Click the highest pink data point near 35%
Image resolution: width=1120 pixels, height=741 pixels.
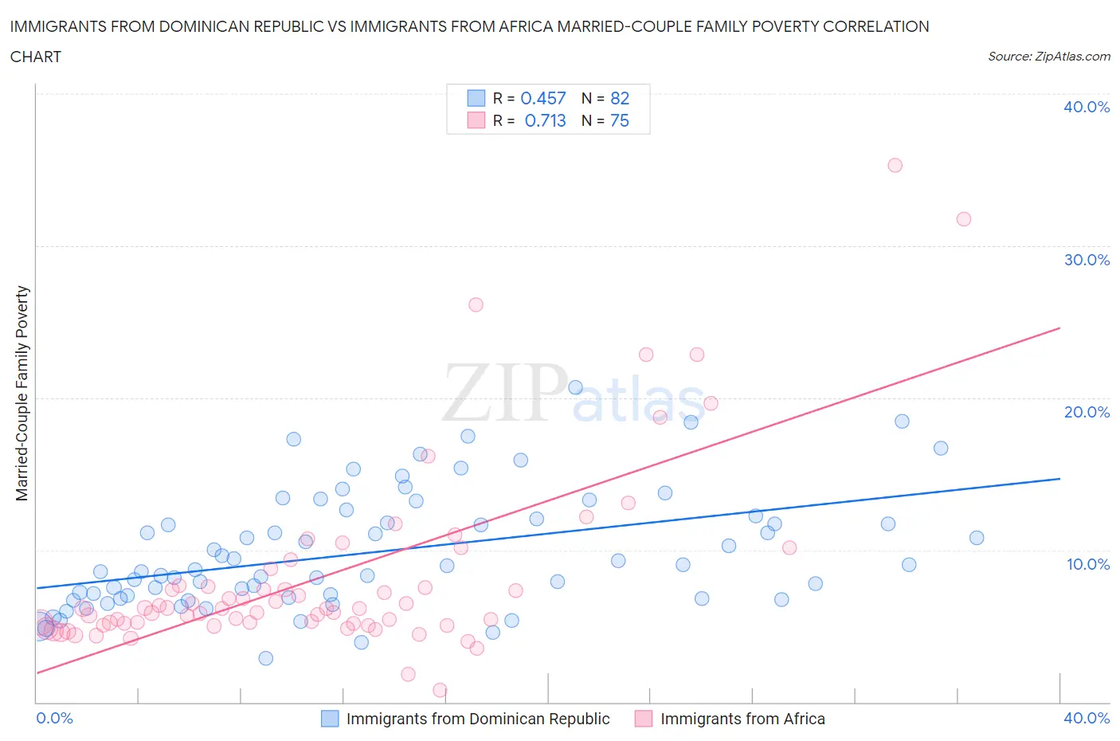click(895, 166)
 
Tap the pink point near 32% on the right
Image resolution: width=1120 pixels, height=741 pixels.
click(963, 219)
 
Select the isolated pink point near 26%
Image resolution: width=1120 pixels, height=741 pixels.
click(476, 304)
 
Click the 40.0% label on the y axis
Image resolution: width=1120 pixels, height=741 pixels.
click(1087, 108)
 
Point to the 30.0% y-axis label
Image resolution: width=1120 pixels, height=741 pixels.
click(1087, 260)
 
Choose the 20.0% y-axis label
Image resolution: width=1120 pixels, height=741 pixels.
click(1087, 412)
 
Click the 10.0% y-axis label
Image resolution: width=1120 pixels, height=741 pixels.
click(1087, 564)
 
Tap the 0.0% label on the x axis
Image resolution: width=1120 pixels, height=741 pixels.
click(54, 718)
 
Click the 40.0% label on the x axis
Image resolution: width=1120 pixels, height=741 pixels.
click(1087, 718)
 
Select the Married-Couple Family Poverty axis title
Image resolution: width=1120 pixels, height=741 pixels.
click(22, 394)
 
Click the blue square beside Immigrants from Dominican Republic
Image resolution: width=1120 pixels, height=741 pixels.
click(330, 719)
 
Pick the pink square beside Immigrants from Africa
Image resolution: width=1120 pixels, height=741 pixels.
click(644, 719)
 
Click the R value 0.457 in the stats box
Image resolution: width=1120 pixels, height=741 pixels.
click(542, 98)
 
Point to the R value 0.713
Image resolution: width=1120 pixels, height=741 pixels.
click(545, 120)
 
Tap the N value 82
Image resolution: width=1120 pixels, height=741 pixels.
click(620, 98)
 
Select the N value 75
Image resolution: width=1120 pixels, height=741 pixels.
click(620, 120)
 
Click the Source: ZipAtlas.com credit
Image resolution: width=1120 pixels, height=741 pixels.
click(1048, 56)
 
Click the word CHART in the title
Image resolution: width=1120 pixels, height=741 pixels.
click(36, 57)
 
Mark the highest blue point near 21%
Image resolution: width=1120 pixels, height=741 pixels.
click(575, 388)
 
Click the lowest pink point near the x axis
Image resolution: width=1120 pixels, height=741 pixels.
click(440, 690)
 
